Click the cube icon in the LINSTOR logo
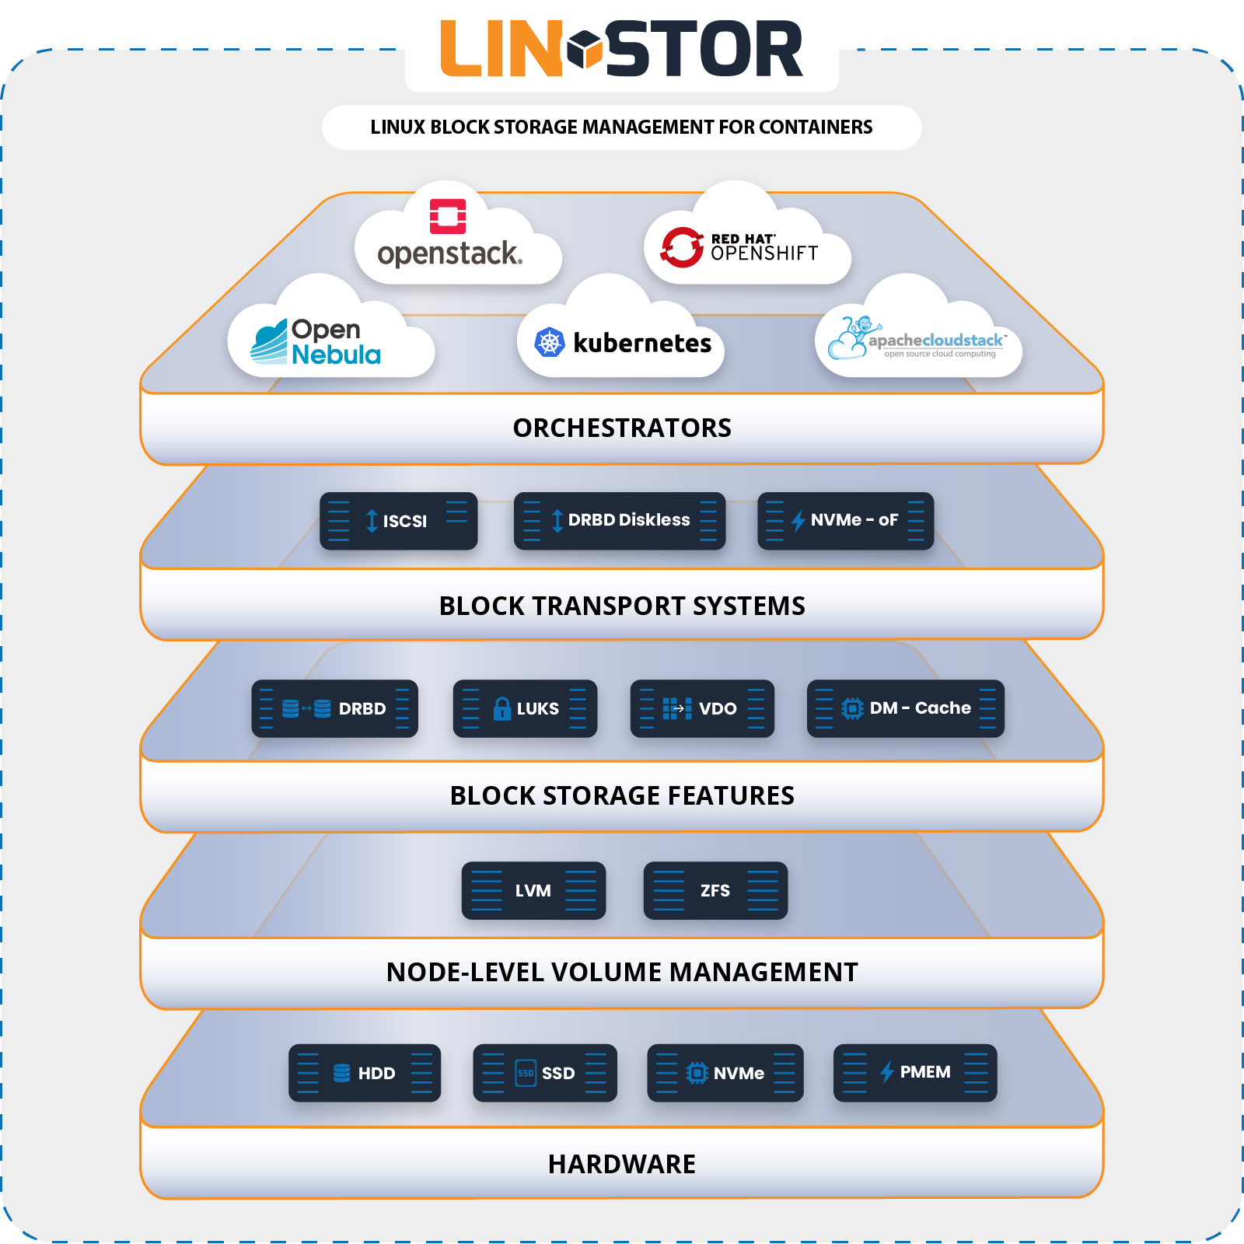pyautogui.click(x=585, y=49)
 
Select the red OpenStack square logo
pyautogui.click(x=448, y=216)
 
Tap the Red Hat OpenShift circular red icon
pyautogui.click(x=682, y=247)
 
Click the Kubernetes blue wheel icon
pyautogui.click(x=550, y=343)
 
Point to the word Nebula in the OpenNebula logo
pyautogui.click(x=336, y=355)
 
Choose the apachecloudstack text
pyautogui.click(x=936, y=341)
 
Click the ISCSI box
pyautogui.click(x=398, y=521)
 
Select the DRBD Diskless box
pyautogui.click(x=620, y=521)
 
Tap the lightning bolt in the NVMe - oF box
pyautogui.click(x=798, y=521)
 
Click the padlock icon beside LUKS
pyautogui.click(x=502, y=708)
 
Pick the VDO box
pyautogui.click(x=702, y=708)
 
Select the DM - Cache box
pyautogui.click(x=905, y=708)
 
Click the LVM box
pyautogui.click(x=533, y=890)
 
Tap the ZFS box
pyautogui.click(x=715, y=890)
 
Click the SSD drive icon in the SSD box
pyautogui.click(x=526, y=1073)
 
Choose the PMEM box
pyautogui.click(x=914, y=1073)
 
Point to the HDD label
pyautogui.click(x=376, y=1074)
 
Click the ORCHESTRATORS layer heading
pyautogui.click(x=622, y=428)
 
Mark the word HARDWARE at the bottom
pyautogui.click(x=622, y=1164)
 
